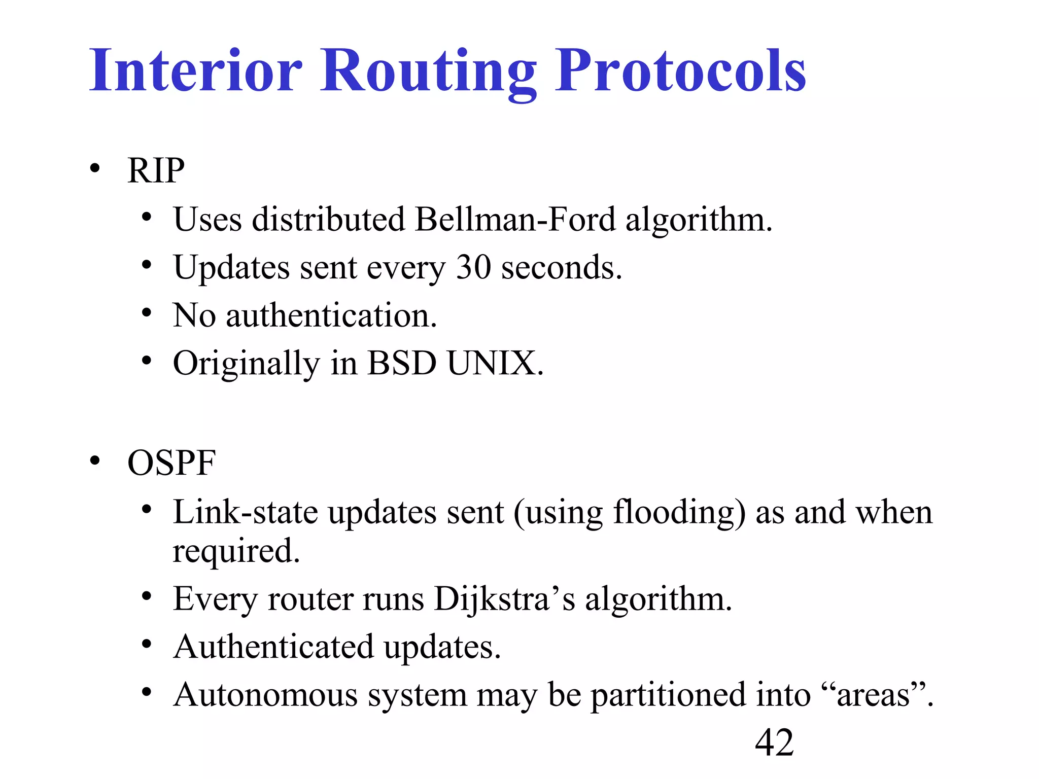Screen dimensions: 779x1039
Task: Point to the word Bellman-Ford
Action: click(x=514, y=219)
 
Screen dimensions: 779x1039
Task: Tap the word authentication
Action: click(x=331, y=315)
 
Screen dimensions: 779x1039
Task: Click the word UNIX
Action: click(x=495, y=363)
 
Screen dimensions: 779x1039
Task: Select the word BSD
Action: click(x=401, y=363)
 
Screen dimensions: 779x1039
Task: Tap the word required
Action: click(x=236, y=551)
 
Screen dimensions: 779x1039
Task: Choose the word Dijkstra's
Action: click(x=504, y=599)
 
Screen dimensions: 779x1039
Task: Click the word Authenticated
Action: click(x=273, y=647)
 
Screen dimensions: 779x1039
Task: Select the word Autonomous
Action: click(x=265, y=695)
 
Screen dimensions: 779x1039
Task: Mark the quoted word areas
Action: click(x=873, y=695)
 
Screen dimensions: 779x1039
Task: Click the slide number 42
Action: click(x=774, y=742)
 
